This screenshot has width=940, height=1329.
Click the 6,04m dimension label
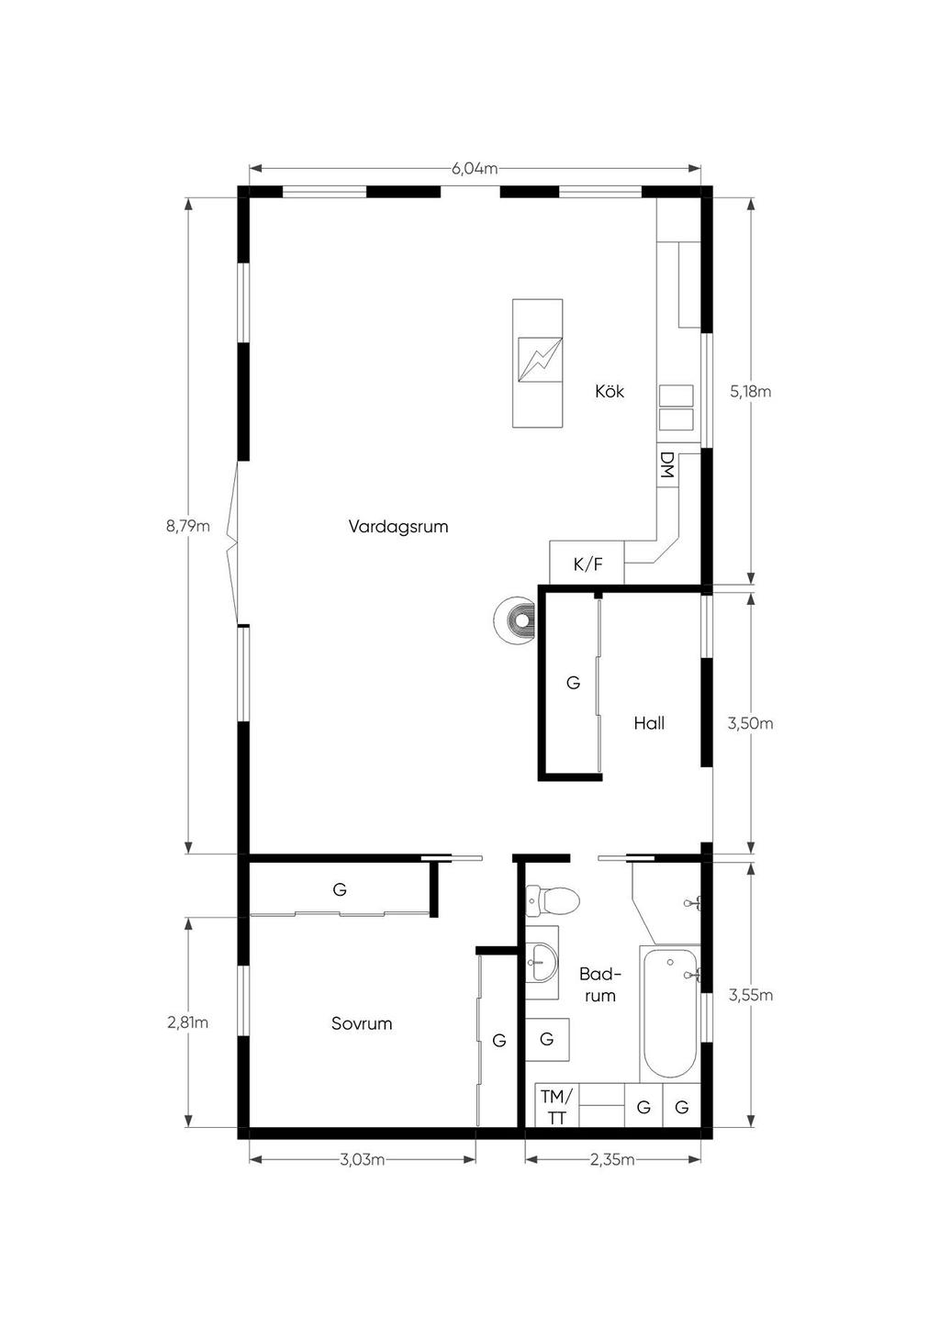click(x=475, y=169)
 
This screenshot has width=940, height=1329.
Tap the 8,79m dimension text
click(x=188, y=526)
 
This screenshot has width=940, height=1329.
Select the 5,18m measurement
click(x=751, y=392)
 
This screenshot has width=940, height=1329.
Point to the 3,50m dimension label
click(x=751, y=724)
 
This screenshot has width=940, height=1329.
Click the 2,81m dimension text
click(x=188, y=1022)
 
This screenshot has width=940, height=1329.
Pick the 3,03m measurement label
click(x=362, y=1159)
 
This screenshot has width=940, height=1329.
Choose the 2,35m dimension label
click(x=612, y=1159)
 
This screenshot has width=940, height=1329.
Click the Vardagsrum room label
click(x=398, y=527)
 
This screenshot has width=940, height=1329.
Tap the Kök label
click(x=610, y=392)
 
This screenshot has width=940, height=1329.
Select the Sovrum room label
click(x=362, y=1023)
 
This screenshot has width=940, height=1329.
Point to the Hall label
click(x=649, y=723)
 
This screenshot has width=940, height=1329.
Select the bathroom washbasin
click(x=542, y=963)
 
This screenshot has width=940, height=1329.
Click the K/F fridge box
click(x=587, y=563)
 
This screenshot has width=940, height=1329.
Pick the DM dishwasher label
click(x=667, y=465)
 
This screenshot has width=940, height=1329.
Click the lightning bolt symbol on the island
click(x=539, y=360)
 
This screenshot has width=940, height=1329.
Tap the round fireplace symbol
click(x=516, y=620)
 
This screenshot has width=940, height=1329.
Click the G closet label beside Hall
click(x=573, y=683)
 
